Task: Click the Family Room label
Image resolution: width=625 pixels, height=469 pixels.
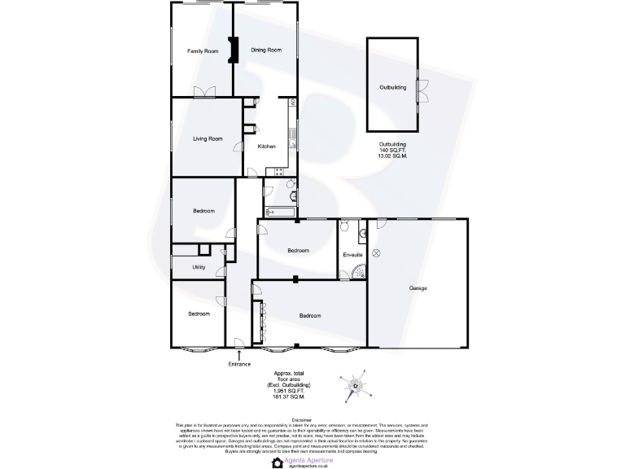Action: (x=203, y=51)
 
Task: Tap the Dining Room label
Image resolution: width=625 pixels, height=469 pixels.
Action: (x=266, y=50)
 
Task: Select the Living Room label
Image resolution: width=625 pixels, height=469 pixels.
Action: (x=208, y=138)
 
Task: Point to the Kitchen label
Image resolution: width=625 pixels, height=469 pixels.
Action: (x=266, y=147)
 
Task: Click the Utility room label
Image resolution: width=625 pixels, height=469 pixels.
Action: (x=199, y=267)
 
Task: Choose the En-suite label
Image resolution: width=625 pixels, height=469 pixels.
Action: (x=352, y=256)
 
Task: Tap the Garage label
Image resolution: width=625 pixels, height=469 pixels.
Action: (x=418, y=288)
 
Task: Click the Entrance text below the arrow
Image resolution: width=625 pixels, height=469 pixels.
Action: (x=239, y=364)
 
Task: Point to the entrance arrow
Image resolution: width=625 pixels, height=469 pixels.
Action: (x=239, y=353)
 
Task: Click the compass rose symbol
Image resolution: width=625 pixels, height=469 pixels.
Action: (x=355, y=386)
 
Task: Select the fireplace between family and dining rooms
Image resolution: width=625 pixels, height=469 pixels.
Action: (x=233, y=51)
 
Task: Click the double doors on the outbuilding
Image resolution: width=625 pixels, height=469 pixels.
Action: (x=423, y=90)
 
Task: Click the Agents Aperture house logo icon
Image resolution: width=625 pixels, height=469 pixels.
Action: (x=278, y=462)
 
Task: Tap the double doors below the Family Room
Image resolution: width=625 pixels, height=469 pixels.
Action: (x=203, y=93)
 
